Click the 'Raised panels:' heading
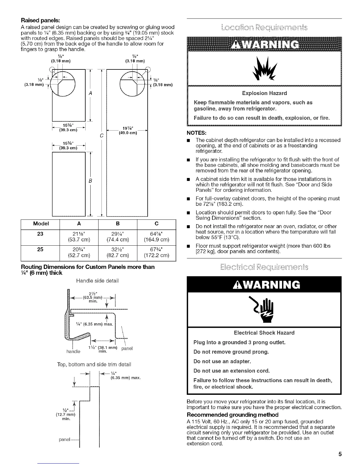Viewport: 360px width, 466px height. point(40,21)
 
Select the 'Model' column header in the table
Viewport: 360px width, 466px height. point(41,223)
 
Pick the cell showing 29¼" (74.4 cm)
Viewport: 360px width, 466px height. point(118,236)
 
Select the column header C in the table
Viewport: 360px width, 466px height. point(156,223)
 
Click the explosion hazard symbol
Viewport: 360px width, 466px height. point(264,71)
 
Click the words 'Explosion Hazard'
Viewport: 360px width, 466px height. point(264,93)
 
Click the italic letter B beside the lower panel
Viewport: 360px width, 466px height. point(91,181)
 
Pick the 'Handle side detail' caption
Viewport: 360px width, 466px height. point(97,281)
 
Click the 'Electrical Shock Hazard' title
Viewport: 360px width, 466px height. point(264,333)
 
